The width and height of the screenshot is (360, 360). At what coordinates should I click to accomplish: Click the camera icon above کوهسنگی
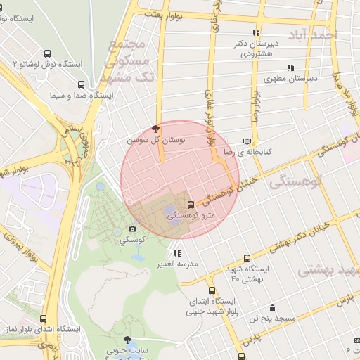pyautogui.click(x=132, y=229)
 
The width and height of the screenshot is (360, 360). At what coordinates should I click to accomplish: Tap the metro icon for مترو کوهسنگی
pyautogui.click(x=191, y=205)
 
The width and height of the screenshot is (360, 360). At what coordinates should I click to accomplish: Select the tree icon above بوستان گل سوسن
pyautogui.click(x=155, y=129)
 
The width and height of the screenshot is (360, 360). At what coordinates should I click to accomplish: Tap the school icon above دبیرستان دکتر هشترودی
pyautogui.click(x=256, y=32)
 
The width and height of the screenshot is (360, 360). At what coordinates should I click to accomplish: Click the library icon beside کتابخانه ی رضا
pyautogui.click(x=246, y=140)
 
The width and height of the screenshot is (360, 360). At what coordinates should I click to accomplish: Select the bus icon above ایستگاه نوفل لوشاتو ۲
pyautogui.click(x=47, y=53)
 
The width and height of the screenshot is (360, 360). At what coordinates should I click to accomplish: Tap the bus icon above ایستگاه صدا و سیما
pyautogui.click(x=79, y=83)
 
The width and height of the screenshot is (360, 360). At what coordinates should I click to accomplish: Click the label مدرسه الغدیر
pyautogui.click(x=178, y=264)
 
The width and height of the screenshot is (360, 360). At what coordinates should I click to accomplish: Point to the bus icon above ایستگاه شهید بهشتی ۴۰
pyautogui.click(x=247, y=258)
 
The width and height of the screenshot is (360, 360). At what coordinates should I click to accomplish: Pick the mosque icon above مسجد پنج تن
pyautogui.click(x=272, y=307)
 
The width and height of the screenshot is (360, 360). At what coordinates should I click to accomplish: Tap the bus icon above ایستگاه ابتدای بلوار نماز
pyautogui.click(x=44, y=319)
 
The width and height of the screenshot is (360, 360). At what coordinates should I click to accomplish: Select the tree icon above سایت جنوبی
pyautogui.click(x=127, y=340)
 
